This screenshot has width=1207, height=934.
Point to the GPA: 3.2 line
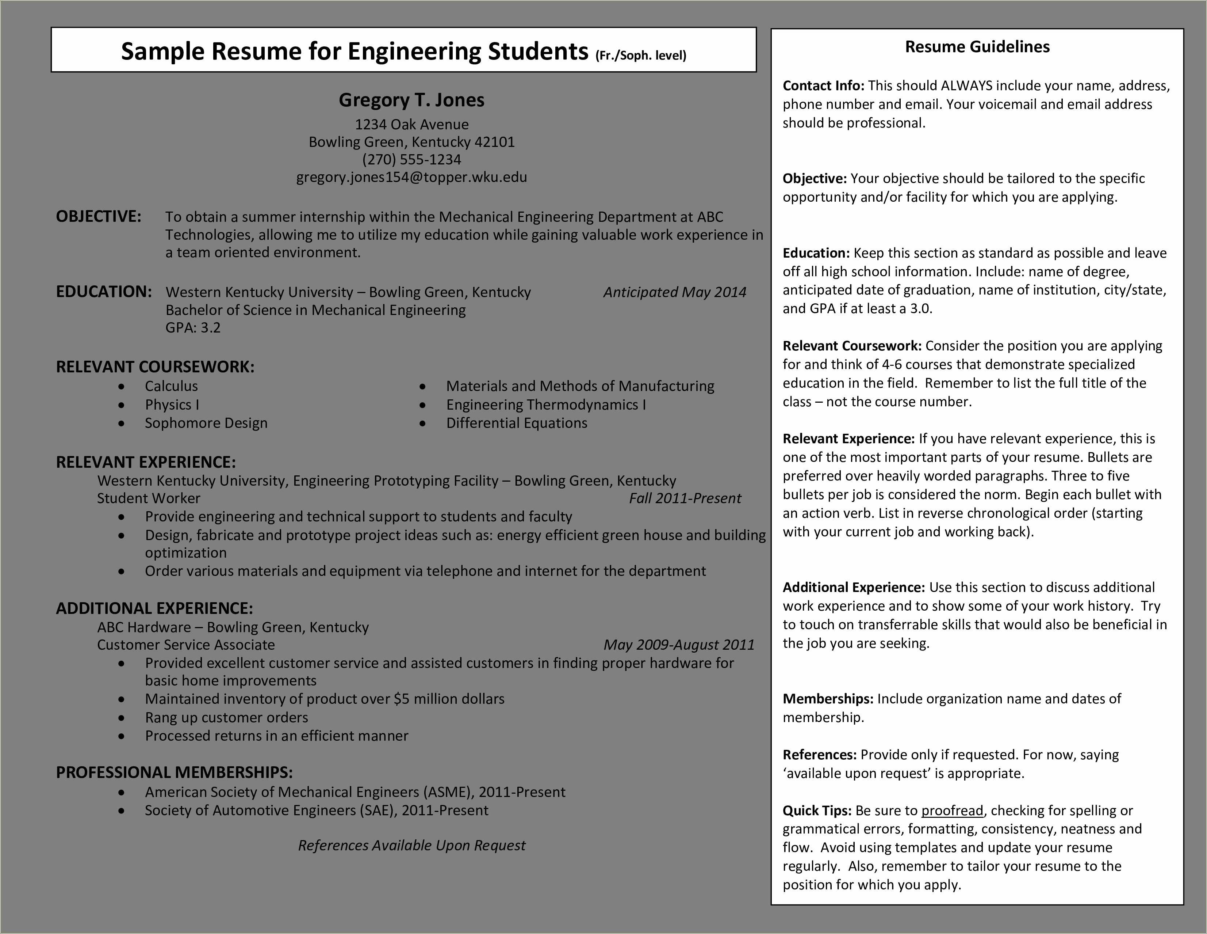pyautogui.click(x=193, y=328)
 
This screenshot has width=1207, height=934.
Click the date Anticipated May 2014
pyautogui.click(x=674, y=292)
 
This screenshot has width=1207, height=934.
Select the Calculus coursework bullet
pyautogui.click(x=171, y=386)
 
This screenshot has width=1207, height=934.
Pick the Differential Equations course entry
pyautogui.click(x=516, y=423)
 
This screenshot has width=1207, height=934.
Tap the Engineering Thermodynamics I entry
pyautogui.click(x=545, y=405)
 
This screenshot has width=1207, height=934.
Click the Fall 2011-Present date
pyautogui.click(x=685, y=498)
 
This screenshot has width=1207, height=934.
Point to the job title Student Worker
pyautogui.click(x=149, y=498)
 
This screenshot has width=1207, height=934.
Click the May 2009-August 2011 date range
pyautogui.click(x=679, y=645)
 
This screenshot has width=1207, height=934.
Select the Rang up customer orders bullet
pyautogui.click(x=227, y=718)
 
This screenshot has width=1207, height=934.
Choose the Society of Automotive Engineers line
pyautogui.click(x=316, y=811)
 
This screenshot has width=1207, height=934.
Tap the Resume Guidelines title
pyautogui.click(x=977, y=47)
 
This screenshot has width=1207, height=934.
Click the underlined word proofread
pyautogui.click(x=952, y=811)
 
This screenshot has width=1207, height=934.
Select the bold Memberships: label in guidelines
pyautogui.click(x=827, y=699)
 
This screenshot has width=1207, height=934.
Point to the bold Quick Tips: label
pyautogui.click(x=816, y=811)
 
